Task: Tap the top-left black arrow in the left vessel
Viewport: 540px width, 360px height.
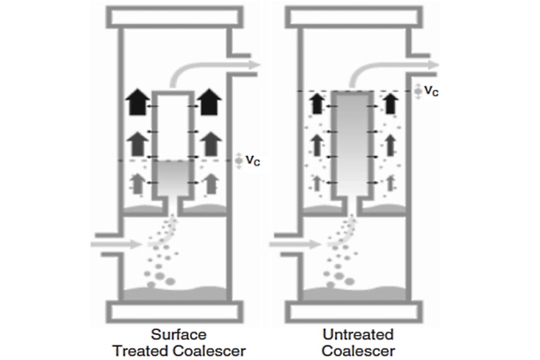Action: point(136,103)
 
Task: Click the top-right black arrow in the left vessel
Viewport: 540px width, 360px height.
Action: point(209,103)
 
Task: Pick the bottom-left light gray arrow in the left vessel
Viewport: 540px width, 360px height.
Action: point(136,182)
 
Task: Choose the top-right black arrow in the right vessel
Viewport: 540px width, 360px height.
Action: point(390,105)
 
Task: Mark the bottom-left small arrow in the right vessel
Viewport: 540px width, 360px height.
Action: point(318,182)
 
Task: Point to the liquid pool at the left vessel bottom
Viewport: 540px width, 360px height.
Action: point(172,292)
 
